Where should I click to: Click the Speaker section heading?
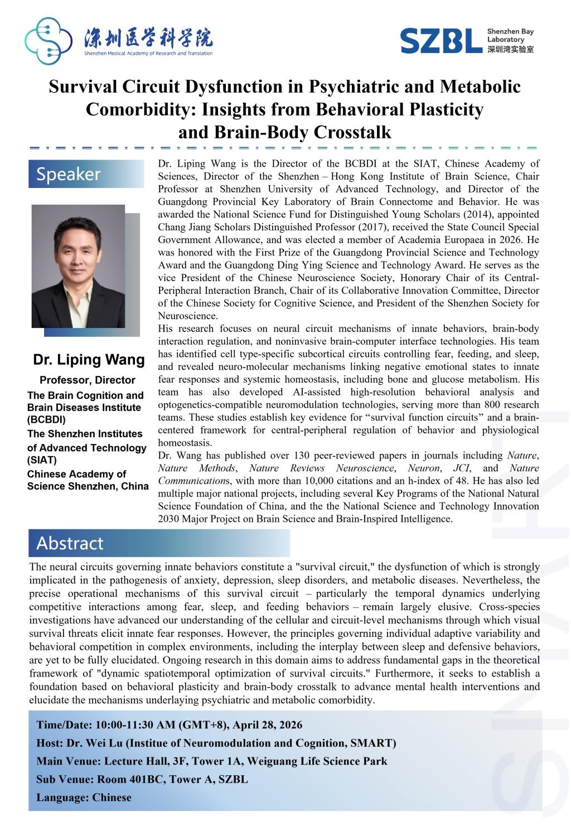pos(69,174)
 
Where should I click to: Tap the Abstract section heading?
pos(70,543)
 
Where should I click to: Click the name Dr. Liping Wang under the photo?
pos(89,360)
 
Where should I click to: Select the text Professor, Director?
pos(88,380)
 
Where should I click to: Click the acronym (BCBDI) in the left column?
pos(46,420)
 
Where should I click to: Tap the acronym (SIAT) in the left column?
pos(42,460)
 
